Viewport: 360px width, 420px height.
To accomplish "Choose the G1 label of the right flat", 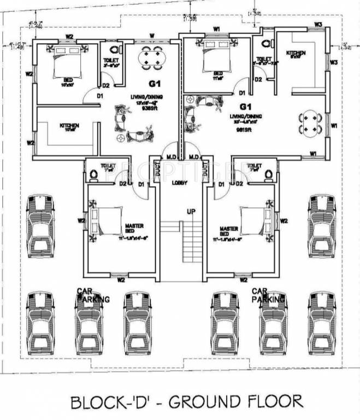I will tap(245, 105).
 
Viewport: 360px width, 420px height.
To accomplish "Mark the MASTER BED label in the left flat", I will tap(133, 229).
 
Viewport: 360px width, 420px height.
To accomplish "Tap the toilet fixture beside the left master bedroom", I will tap(93, 174).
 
